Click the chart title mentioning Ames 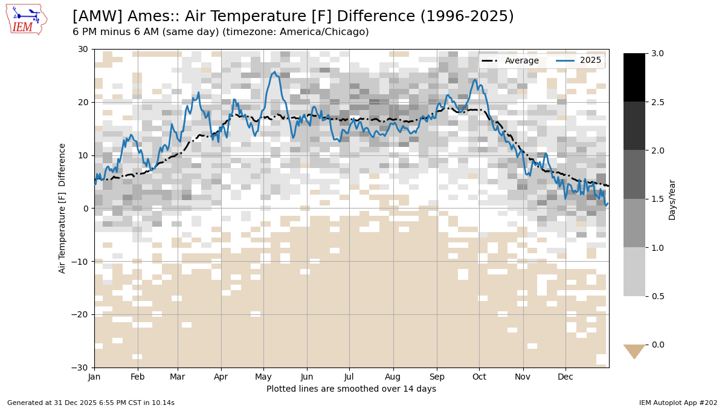(x=293, y=16)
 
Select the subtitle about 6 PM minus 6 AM (x=221, y=32)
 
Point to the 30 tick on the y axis (x=83, y=49)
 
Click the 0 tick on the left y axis (x=85, y=209)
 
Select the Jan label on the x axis (x=94, y=377)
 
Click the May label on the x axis (x=263, y=377)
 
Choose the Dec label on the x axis (x=565, y=377)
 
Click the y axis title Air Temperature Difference (x=62, y=209)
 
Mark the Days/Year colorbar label (x=672, y=199)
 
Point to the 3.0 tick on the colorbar (x=659, y=53)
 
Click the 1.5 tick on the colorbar (x=659, y=199)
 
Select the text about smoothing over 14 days (x=351, y=389)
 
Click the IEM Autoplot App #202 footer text (x=678, y=403)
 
